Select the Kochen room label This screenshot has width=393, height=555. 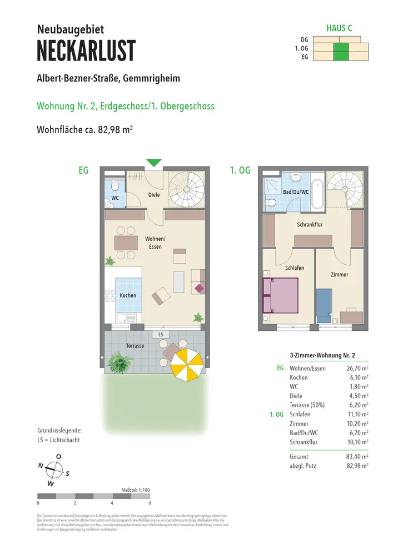(x=128, y=295)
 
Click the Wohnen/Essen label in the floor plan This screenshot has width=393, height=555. (x=155, y=243)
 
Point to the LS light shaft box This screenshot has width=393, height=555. (x=161, y=335)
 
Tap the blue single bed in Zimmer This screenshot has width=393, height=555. (x=324, y=303)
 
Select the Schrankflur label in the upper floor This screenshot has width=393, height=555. (x=310, y=224)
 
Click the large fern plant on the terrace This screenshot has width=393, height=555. (x=121, y=362)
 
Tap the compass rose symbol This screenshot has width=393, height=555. (x=54, y=469)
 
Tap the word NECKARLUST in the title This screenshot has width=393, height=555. (x=86, y=51)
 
